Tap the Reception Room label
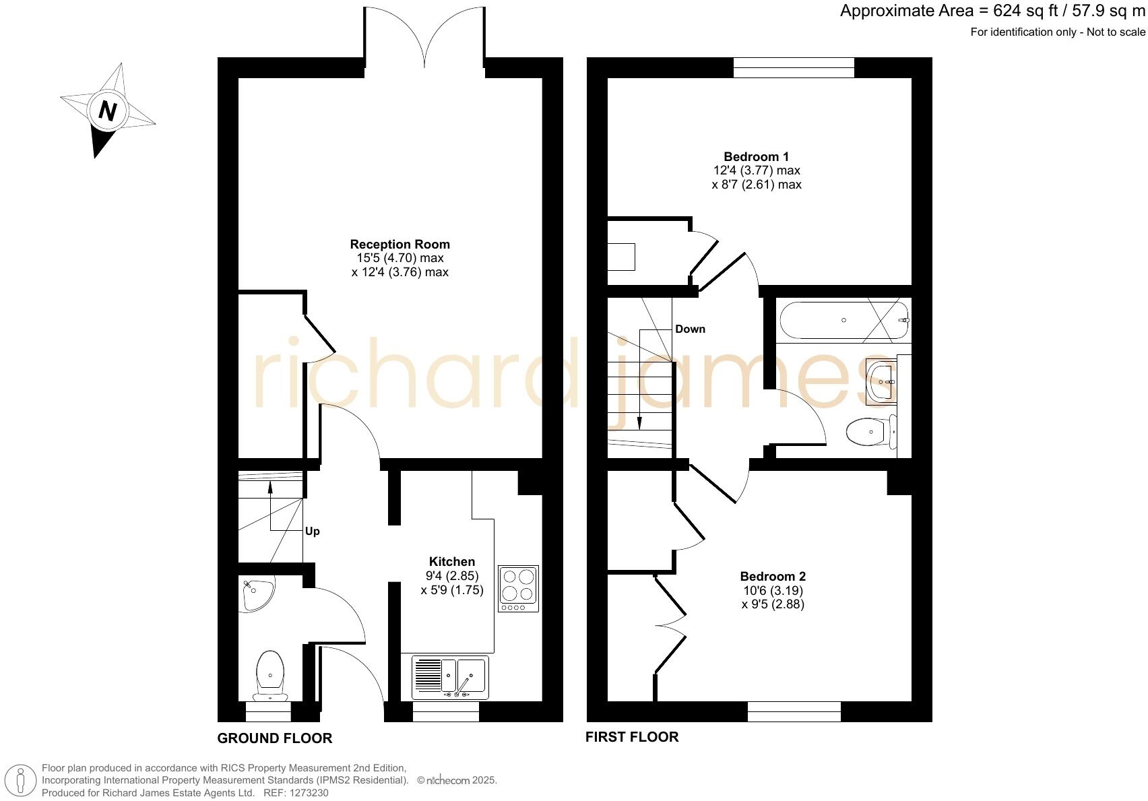coord(400,245)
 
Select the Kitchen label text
coord(451,562)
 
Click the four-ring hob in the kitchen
coord(518,588)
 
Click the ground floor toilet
coord(270,674)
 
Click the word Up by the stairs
coord(312,532)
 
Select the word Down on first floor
coord(690,329)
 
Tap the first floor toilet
coord(872,432)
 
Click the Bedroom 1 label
coord(756,157)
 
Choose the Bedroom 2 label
coord(772,577)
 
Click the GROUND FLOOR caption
coord(274,738)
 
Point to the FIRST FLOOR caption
coord(631,737)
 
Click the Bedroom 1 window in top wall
coord(793,68)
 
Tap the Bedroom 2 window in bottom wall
coord(794,711)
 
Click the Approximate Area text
coord(992,11)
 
